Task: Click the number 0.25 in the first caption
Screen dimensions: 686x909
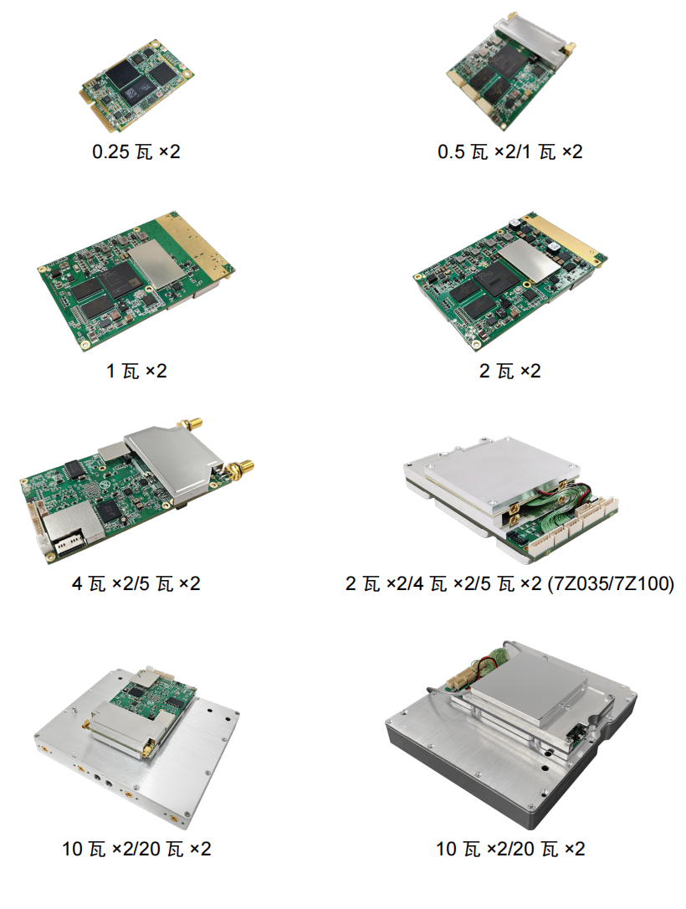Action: [x=110, y=151]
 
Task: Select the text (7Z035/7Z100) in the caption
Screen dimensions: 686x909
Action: [x=611, y=583]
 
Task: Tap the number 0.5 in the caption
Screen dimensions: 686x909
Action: [x=452, y=151]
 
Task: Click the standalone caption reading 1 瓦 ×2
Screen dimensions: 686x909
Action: [x=136, y=371]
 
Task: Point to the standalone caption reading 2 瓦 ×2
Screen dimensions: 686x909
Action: [x=509, y=371]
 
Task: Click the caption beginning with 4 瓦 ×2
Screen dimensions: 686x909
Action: [x=136, y=583]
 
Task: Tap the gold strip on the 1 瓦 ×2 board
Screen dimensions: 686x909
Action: [x=196, y=243]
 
